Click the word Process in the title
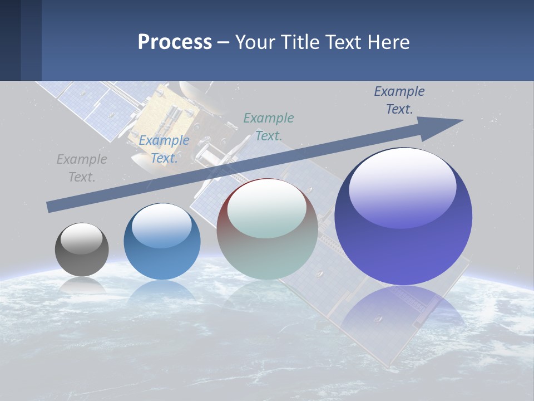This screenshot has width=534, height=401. [x=175, y=42]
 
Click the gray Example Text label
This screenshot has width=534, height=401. [x=82, y=168]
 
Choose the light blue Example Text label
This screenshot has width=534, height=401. [x=164, y=149]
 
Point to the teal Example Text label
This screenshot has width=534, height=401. [x=269, y=126]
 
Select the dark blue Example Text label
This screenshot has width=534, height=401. [x=399, y=100]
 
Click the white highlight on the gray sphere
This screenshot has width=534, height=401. [x=81, y=238]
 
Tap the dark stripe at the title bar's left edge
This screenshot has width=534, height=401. [x=11, y=40]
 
